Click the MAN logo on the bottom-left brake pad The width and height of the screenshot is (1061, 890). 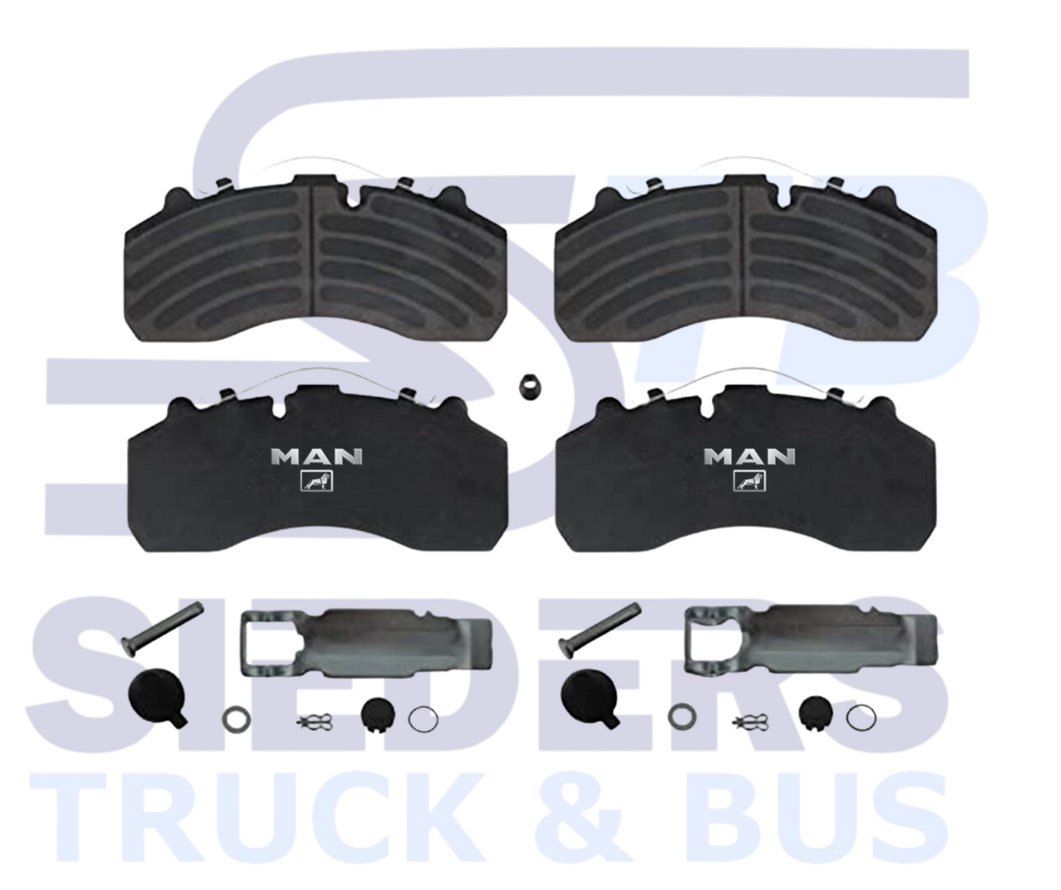click(317, 457)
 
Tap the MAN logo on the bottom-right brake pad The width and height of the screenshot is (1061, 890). click(750, 457)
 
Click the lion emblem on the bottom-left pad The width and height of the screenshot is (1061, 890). click(317, 481)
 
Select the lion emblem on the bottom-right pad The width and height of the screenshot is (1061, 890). click(749, 481)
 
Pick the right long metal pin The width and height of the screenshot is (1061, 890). click(600, 630)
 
